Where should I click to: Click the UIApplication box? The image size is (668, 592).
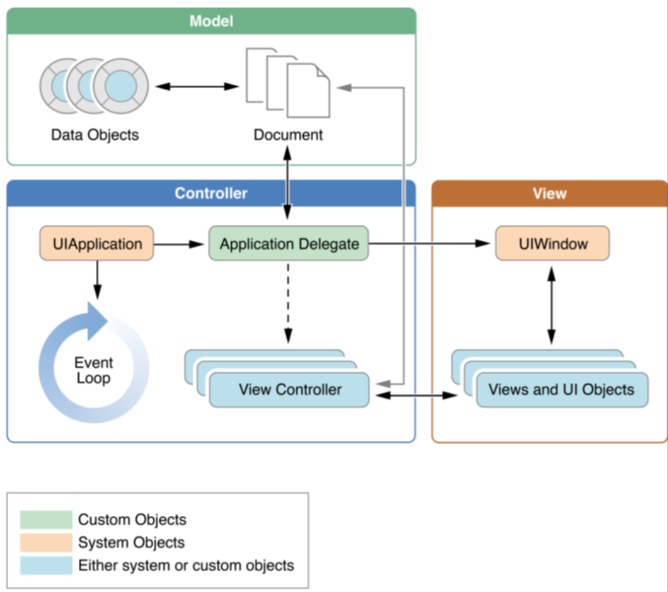(96, 243)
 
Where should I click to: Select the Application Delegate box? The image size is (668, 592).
(289, 243)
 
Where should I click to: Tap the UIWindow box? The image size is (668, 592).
(553, 243)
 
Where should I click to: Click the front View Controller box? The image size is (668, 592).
(289, 390)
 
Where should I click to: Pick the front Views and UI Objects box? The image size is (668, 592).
(562, 390)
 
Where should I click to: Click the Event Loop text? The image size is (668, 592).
(94, 370)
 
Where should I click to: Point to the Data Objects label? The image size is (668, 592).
(95, 135)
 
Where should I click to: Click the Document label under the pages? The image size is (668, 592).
(288, 135)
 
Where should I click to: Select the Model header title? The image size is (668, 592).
(211, 21)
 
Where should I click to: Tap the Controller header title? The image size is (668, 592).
(211, 193)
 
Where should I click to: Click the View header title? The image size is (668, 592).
(550, 194)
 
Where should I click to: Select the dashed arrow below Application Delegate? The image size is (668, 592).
(288, 303)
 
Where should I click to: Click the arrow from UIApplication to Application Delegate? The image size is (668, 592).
(179, 244)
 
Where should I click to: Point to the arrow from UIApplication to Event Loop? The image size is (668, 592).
(97, 280)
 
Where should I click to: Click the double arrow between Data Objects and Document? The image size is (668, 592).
(197, 86)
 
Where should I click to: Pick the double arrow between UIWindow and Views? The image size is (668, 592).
(551, 305)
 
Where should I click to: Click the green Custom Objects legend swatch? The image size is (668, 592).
(46, 520)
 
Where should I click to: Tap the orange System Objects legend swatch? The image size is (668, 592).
(46, 543)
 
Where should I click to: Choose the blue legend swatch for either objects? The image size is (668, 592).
(46, 566)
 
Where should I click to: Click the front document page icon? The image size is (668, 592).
(308, 90)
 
